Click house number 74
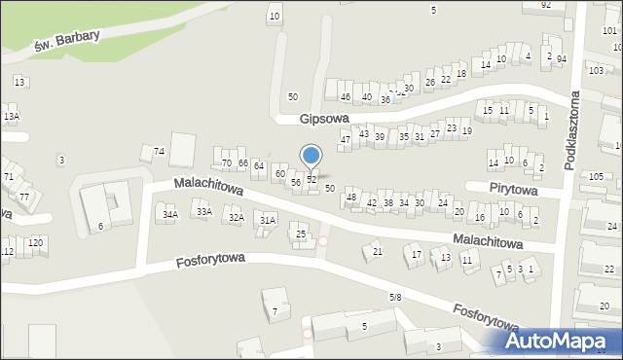click(159, 151)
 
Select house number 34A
click(170, 214)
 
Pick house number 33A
click(203, 210)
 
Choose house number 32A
click(236, 218)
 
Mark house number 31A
click(267, 221)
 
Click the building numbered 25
click(302, 234)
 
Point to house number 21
click(378, 252)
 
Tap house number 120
click(36, 241)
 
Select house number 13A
click(11, 117)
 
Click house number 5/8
click(395, 297)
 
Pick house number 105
click(596, 176)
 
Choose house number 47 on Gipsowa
click(345, 140)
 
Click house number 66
click(243, 162)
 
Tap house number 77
click(24, 197)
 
